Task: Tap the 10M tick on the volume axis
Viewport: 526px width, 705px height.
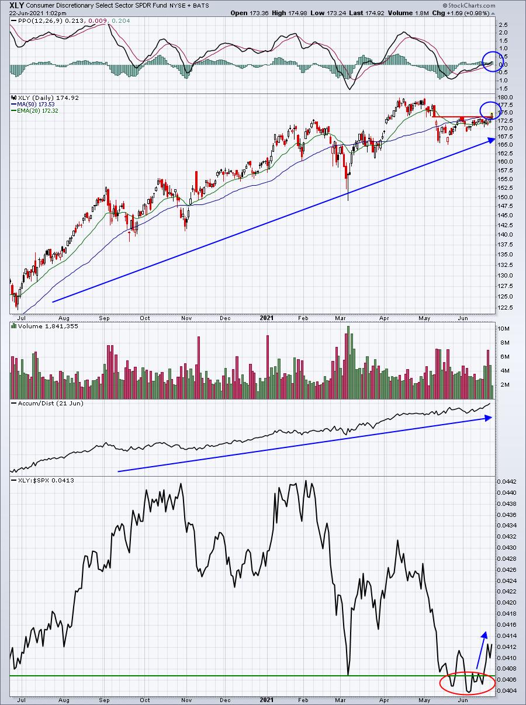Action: (504, 329)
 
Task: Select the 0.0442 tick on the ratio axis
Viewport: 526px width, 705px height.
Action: (507, 481)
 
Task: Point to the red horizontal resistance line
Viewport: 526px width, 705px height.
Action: (463, 117)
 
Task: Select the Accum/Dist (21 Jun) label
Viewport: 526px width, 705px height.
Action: (50, 404)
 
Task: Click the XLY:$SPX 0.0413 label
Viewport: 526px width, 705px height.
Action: (46, 481)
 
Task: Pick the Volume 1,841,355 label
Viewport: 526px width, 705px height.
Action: (48, 327)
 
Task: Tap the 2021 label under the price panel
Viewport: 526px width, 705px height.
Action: (267, 318)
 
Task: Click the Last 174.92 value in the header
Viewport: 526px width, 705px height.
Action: (366, 13)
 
